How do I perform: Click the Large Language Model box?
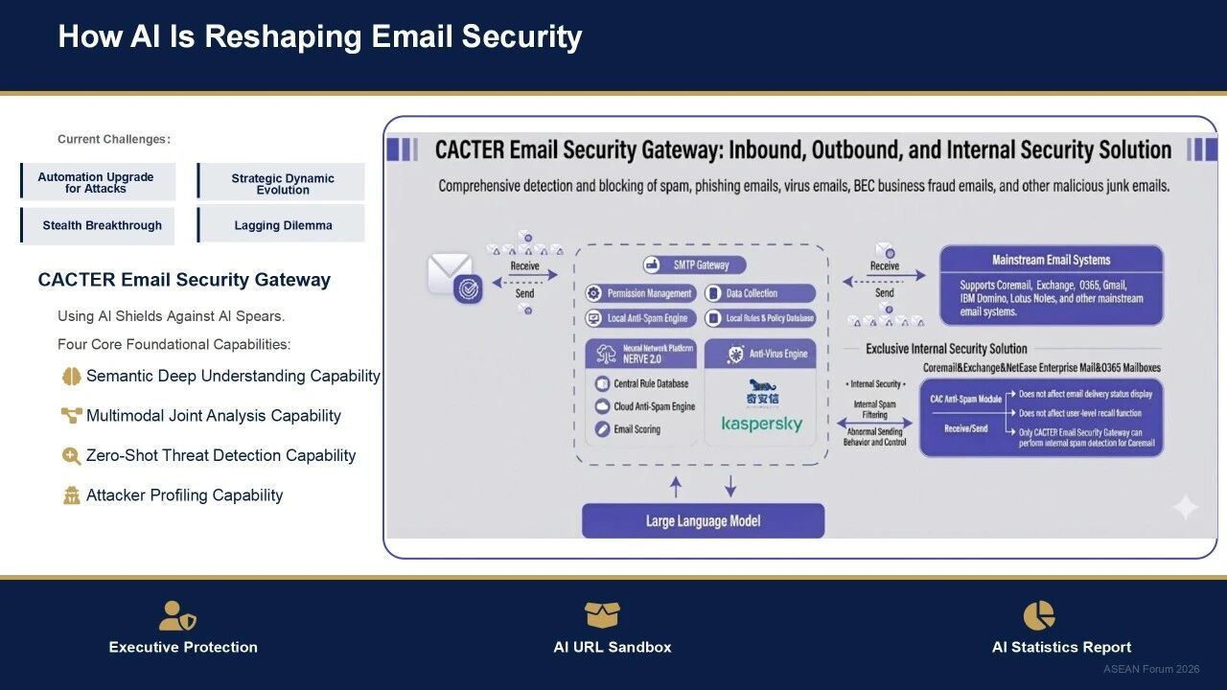pyautogui.click(x=703, y=520)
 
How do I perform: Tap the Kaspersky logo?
pyautogui.click(x=762, y=424)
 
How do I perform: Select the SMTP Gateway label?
pyautogui.click(x=695, y=264)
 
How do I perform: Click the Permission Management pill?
pyautogui.click(x=639, y=293)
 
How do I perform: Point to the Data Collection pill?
pyautogui.click(x=760, y=293)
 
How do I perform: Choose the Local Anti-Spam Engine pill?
pyautogui.click(x=639, y=318)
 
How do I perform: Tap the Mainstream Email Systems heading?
pyautogui.click(x=1051, y=260)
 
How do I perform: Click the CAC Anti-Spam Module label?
pyautogui.click(x=965, y=399)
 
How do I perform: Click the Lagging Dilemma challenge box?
pyautogui.click(x=282, y=226)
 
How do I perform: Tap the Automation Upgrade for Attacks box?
pyautogui.click(x=97, y=182)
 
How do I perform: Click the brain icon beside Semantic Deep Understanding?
pyautogui.click(x=71, y=377)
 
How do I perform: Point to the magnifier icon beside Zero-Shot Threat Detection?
pyautogui.click(x=71, y=456)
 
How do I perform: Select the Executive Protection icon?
pyautogui.click(x=177, y=615)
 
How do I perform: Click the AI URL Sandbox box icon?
pyautogui.click(x=602, y=614)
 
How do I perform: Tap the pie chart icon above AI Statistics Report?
pyautogui.click(x=1039, y=615)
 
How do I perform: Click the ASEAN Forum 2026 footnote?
pyautogui.click(x=1150, y=669)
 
